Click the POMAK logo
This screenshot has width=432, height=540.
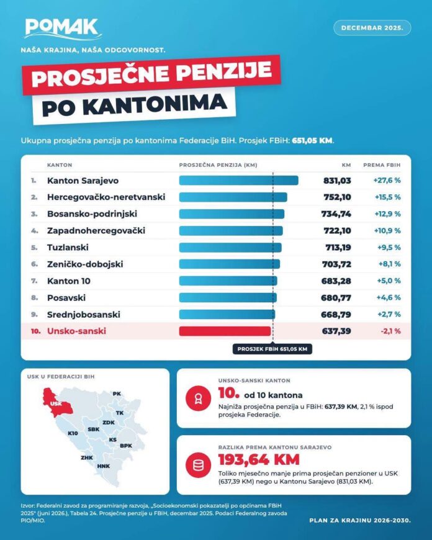point(63,29)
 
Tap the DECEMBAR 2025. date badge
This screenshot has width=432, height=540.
point(372,28)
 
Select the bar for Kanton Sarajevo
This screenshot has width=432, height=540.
point(239,181)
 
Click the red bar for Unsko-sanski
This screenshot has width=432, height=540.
point(225,331)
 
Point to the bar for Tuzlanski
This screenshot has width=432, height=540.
point(230,247)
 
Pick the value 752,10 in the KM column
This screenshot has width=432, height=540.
point(337,197)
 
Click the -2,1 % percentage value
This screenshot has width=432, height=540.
point(390,331)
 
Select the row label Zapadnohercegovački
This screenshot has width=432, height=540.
point(96,230)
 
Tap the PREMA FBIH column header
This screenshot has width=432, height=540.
point(382,165)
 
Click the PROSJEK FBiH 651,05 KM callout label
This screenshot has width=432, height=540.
point(272,349)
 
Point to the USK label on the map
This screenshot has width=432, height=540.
point(56,403)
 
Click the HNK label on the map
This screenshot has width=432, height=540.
point(104,466)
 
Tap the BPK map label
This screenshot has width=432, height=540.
point(126,446)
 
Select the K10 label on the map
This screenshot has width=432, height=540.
point(73,433)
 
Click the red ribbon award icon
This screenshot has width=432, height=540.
point(198,398)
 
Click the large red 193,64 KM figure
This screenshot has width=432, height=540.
point(259,459)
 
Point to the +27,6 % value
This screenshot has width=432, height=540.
point(387,180)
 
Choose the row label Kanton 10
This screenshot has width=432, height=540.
point(68,281)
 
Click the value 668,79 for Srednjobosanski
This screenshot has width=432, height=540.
point(336,315)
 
